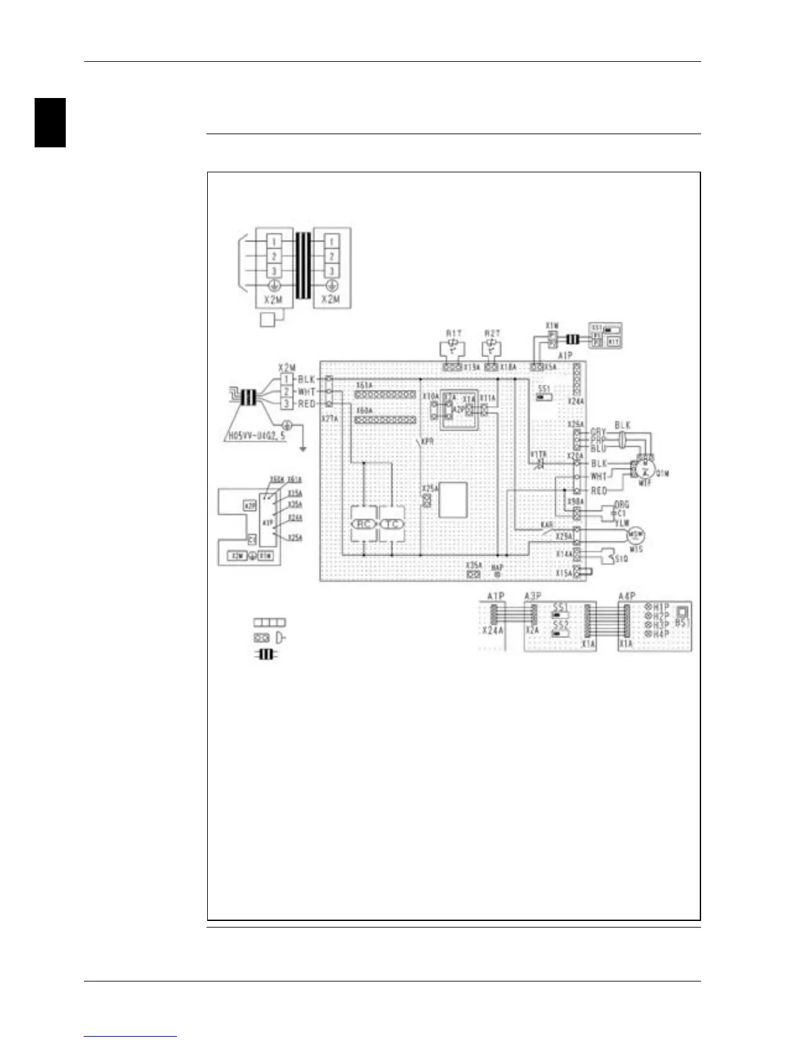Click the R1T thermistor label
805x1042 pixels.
453,334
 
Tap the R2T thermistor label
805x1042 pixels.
491,334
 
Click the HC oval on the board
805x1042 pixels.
364,524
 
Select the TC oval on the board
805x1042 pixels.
391,524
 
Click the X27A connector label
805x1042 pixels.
329,418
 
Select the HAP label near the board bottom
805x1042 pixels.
497,567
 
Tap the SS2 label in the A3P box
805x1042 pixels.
560,624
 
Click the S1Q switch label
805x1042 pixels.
621,559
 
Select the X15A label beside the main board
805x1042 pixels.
564,574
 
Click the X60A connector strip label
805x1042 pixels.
364,410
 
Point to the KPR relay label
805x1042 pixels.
427,441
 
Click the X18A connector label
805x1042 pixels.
507,367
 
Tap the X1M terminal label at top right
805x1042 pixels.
552,326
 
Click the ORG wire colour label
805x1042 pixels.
621,505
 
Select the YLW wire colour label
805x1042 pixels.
621,523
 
